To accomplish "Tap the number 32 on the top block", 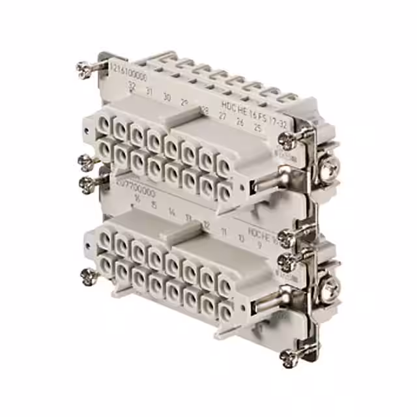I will [x=132, y=86].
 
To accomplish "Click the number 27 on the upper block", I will [x=223, y=115].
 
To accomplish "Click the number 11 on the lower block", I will [x=223, y=229].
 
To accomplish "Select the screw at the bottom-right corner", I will [x=287, y=356].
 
